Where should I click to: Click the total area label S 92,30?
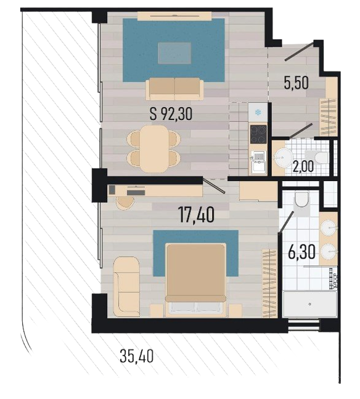pos(171,114)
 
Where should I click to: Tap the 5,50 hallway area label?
pos(297,83)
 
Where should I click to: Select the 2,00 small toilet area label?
pos(303,167)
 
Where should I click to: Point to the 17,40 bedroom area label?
pos(196,214)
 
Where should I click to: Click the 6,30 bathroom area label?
pos(301,252)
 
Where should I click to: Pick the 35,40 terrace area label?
pos(137,356)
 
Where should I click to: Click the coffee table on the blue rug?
pos(174,53)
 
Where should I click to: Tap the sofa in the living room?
pos(175,89)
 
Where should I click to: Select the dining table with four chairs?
pos(153,149)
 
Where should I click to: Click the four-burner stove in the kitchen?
pos(258,134)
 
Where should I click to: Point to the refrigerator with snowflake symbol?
pos(258,112)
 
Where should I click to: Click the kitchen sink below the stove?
pos(258,162)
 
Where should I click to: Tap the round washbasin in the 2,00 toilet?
pos(282,158)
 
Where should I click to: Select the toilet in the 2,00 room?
pos(317,156)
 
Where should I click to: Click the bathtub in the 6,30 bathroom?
pos(309,304)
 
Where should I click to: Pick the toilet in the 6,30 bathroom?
pos(301,199)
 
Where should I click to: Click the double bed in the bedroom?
pos(195,280)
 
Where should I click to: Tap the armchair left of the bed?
pos(126,286)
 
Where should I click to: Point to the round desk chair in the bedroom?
pos(125,203)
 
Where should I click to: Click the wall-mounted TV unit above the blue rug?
pos(175,16)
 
